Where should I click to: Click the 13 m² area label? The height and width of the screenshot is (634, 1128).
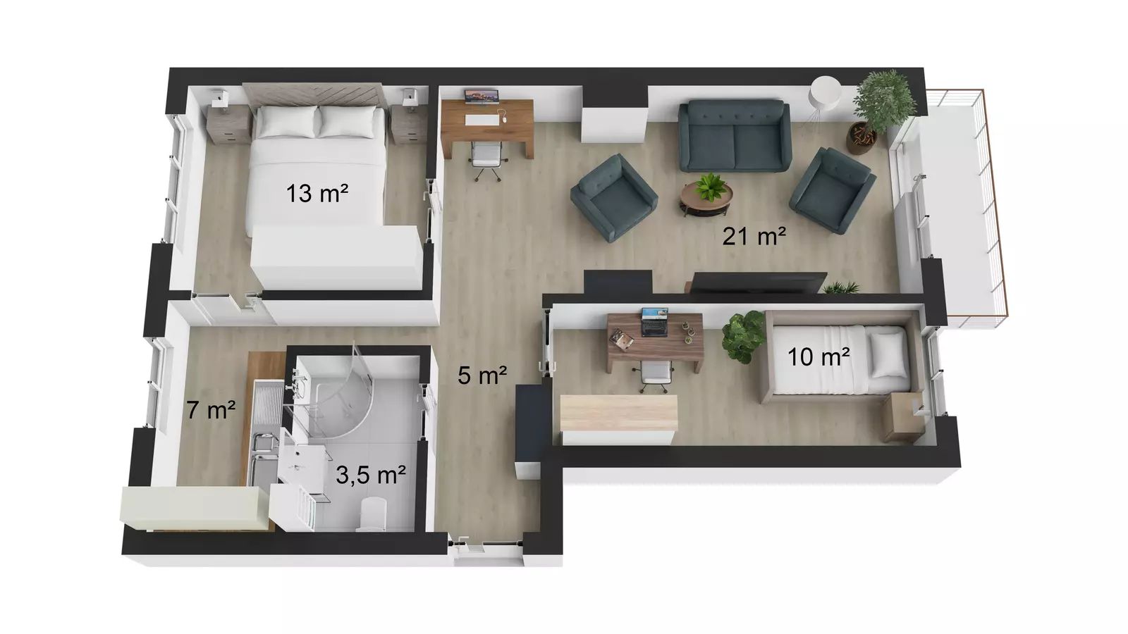coord(317,194)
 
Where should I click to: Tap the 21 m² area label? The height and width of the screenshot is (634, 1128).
coord(754,237)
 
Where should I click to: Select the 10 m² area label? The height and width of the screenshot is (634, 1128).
coord(819,357)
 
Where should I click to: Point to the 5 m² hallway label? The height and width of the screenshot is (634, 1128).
coord(482,375)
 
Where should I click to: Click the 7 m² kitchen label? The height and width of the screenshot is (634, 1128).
coord(211,410)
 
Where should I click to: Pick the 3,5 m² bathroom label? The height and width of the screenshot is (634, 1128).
coord(371,475)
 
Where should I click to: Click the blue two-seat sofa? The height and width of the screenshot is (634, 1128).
coord(734,136)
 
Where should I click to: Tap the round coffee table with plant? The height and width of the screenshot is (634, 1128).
coord(706,197)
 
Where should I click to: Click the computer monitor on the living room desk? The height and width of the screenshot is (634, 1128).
coord(482,97)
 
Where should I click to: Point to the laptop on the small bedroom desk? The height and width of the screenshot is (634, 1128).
coord(655,323)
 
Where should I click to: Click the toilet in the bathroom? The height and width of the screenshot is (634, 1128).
coord(372,514)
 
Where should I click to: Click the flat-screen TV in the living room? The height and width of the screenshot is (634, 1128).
coord(758,282)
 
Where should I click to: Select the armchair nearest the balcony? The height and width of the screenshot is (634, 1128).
coord(833,190)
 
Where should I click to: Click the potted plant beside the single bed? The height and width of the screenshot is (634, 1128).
coord(743,335)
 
